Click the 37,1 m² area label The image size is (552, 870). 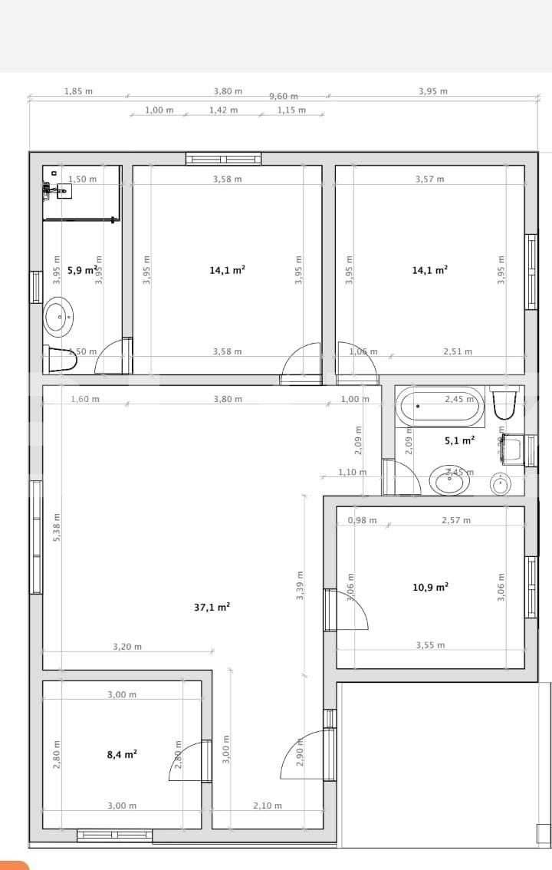pyautogui.click(x=212, y=607)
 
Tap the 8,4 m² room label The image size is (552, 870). pyautogui.click(x=122, y=755)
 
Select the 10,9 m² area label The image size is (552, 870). pyautogui.click(x=430, y=588)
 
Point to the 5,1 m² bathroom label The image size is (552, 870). pyautogui.click(x=459, y=441)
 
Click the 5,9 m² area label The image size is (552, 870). pyautogui.click(x=81, y=270)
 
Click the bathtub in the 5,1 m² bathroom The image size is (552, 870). pyautogui.click(x=439, y=406)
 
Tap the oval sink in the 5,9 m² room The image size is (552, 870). pyautogui.click(x=58, y=315)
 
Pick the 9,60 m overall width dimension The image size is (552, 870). pyautogui.click(x=283, y=96)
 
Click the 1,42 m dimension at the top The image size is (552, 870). pyautogui.click(x=223, y=110)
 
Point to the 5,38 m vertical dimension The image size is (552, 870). pyautogui.click(x=57, y=527)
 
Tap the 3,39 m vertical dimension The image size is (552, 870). pyautogui.click(x=301, y=585)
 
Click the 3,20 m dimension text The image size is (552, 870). pyautogui.click(x=127, y=647)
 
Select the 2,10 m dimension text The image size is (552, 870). pyautogui.click(x=268, y=806)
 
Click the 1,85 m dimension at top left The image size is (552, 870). pyautogui.click(x=78, y=91)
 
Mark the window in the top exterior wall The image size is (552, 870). pyautogui.click(x=223, y=159)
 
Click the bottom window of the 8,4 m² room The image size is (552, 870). pyautogui.click(x=115, y=835)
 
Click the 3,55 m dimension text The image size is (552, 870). pyautogui.click(x=430, y=645)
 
